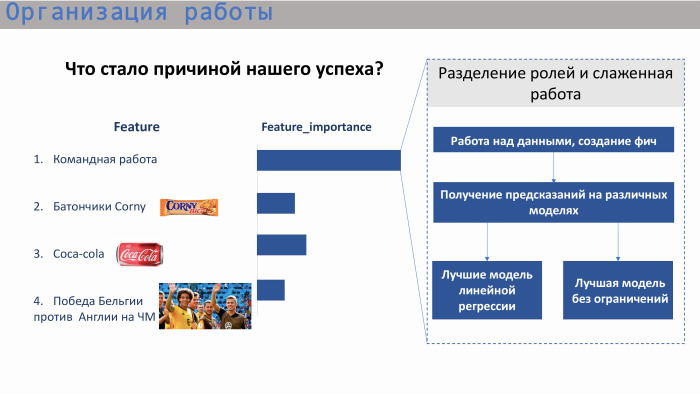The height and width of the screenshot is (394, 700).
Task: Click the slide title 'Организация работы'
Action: [139, 15]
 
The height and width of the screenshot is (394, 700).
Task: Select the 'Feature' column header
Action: [136, 127]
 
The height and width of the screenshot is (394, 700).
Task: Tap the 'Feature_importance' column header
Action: [316, 127]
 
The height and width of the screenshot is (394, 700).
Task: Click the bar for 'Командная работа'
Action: [328, 160]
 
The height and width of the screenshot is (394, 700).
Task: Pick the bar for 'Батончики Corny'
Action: [276, 203]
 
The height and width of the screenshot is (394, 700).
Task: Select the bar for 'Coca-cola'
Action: [281, 245]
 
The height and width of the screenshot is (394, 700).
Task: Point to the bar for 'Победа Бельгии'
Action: [270, 289]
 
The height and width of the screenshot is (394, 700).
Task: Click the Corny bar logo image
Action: [189, 207]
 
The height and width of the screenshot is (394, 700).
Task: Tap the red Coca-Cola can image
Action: [139, 254]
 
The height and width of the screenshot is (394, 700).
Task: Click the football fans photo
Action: [205, 305]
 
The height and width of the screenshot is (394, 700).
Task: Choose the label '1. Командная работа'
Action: [95, 160]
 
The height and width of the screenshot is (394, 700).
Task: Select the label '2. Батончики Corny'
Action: [89, 207]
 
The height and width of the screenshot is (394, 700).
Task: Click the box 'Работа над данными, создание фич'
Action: [553, 140]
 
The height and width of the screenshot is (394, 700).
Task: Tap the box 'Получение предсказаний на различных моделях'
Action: [553, 203]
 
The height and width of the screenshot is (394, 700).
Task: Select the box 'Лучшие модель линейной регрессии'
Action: [487, 291]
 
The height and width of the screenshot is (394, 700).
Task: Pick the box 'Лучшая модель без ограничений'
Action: [617, 291]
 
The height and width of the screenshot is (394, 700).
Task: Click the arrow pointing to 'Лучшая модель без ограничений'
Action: [618, 242]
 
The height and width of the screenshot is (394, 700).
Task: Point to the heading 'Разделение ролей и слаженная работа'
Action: [555, 84]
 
